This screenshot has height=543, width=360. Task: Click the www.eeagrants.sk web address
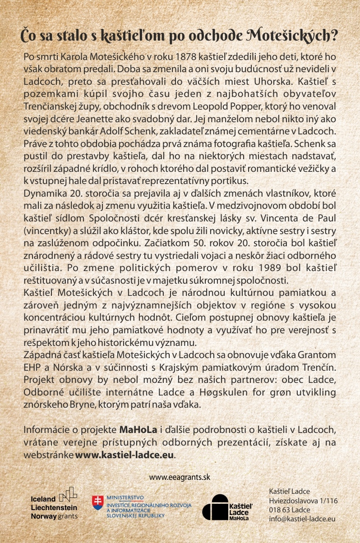click(x=180, y=477)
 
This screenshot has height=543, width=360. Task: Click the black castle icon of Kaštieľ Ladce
click(x=215, y=507)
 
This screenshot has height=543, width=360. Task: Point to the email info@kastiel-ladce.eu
click(x=302, y=519)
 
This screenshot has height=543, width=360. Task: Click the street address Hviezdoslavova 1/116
click(x=303, y=501)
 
